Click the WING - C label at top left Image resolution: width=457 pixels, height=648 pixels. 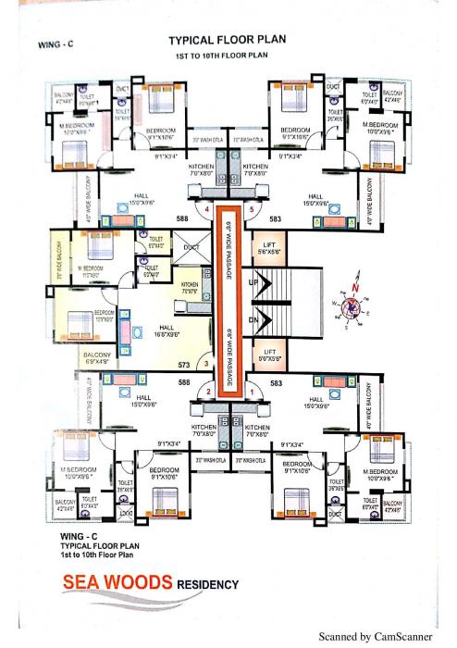click(51, 44)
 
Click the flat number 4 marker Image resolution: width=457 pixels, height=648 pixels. click(211, 209)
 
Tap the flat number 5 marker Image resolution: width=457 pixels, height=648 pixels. click(250, 209)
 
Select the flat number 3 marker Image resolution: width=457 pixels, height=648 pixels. click(207, 364)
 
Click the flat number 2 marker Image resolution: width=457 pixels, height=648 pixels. click(210, 392)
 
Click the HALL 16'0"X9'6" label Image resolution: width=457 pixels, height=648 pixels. click(169, 330)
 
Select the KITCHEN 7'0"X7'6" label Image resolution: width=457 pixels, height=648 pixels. click(190, 288)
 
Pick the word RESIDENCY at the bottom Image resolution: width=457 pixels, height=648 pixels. click(208, 584)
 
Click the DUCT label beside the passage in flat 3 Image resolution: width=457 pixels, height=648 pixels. click(191, 248)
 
